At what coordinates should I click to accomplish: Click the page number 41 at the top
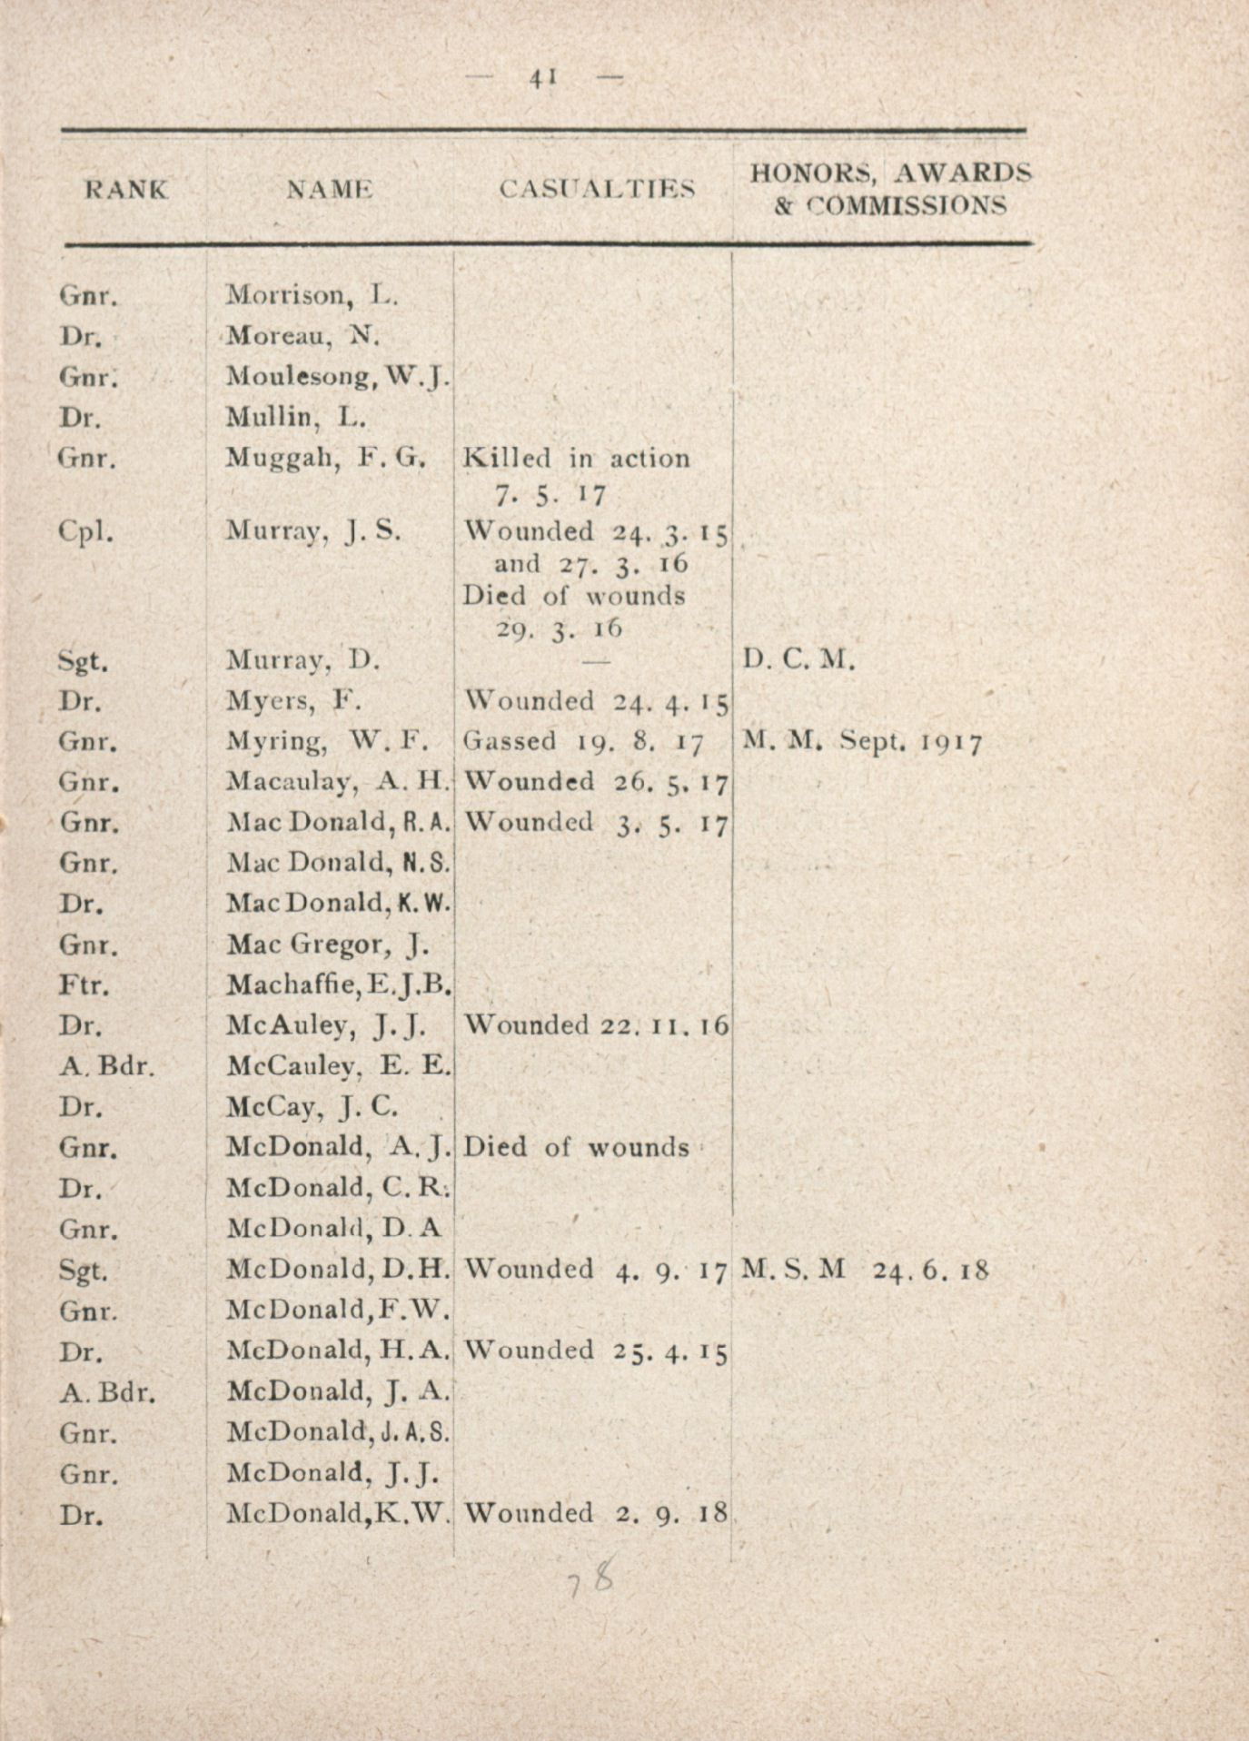tap(543, 78)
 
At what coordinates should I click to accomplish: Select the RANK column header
tap(127, 190)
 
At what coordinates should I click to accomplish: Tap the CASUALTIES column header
tap(597, 189)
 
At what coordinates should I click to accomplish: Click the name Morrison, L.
tap(312, 295)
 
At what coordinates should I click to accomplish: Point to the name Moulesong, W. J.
tap(337, 376)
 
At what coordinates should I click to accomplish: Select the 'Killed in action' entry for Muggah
tap(576, 459)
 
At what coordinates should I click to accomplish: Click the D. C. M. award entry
tap(798, 659)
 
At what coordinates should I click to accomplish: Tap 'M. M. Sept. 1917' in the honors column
tap(862, 742)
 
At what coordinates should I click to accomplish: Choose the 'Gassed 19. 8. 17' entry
tap(583, 742)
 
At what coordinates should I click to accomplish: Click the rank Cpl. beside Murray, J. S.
tap(85, 530)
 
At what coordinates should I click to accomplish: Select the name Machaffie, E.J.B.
tap(339, 984)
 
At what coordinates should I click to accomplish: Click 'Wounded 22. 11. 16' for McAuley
tap(596, 1025)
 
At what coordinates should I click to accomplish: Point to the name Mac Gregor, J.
tap(328, 945)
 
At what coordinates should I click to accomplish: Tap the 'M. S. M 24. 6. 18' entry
tap(864, 1269)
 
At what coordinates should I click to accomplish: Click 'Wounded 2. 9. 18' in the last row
tap(596, 1513)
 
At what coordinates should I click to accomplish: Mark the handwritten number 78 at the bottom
tap(590, 1582)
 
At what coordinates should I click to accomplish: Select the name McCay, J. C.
tap(312, 1107)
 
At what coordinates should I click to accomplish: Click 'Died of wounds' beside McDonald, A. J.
tap(576, 1148)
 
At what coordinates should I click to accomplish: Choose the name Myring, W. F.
tap(327, 742)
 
